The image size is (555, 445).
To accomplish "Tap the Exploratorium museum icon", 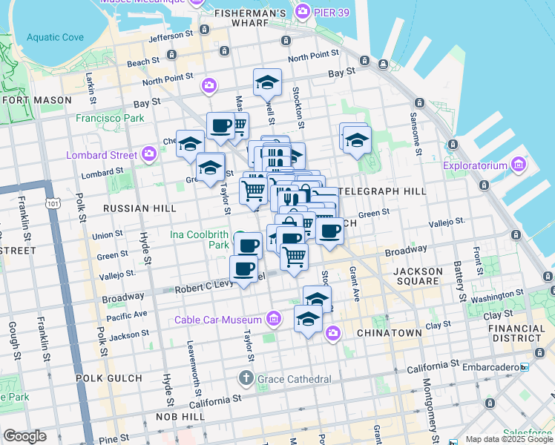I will pyautogui.click(x=519, y=165).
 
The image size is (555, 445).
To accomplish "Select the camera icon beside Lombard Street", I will pyautogui.click(x=149, y=154).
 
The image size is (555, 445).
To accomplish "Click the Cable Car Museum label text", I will pyautogui.click(x=217, y=320).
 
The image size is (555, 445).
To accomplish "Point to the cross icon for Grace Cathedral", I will pyautogui.click(x=246, y=379).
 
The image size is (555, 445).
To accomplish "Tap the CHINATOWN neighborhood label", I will pyautogui.click(x=390, y=333).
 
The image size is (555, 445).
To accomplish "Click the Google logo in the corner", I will pyautogui.click(x=24, y=436).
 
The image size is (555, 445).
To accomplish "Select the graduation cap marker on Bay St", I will pyautogui.click(x=267, y=83).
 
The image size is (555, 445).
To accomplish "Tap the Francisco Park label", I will pyautogui.click(x=109, y=117).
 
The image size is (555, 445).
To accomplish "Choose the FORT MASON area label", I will pyautogui.click(x=37, y=99).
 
